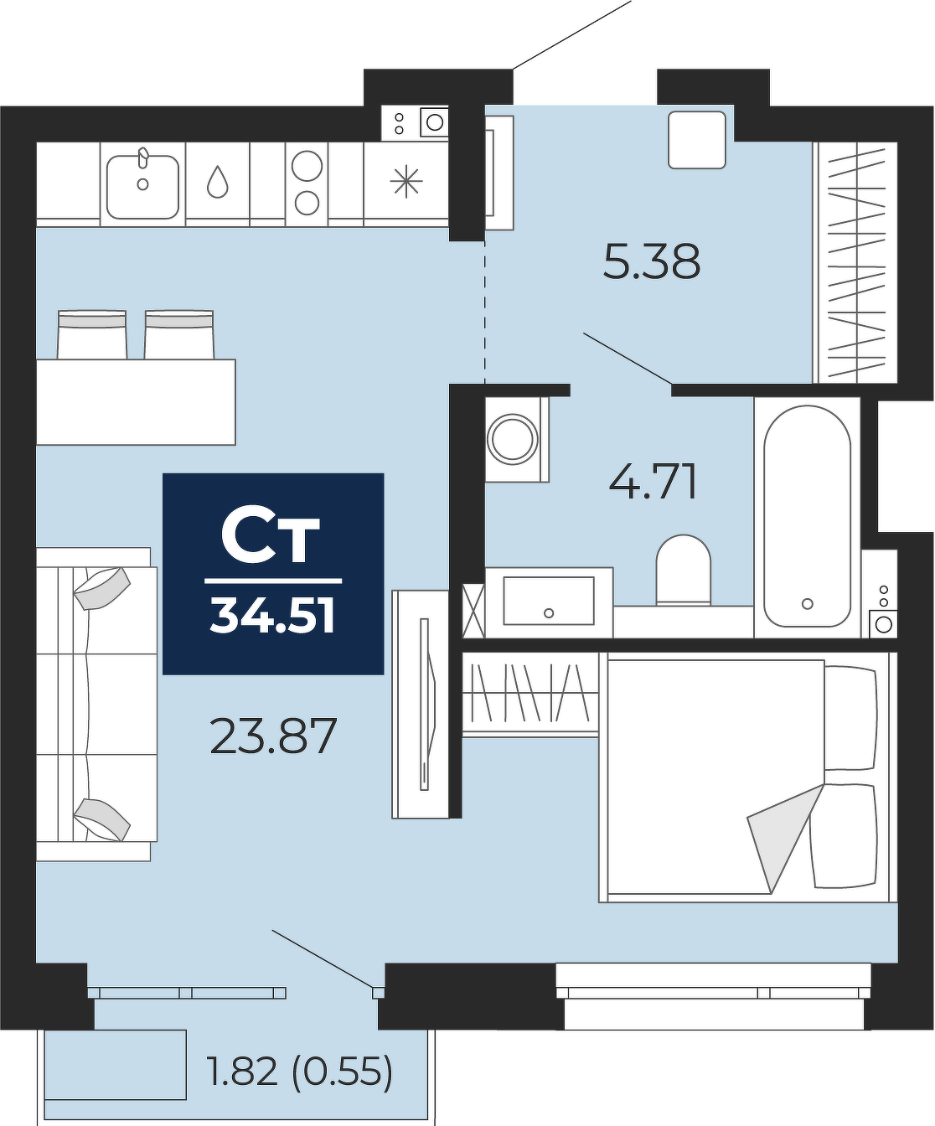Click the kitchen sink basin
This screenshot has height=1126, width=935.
[142, 187]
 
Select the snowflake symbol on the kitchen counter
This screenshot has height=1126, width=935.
[406, 181]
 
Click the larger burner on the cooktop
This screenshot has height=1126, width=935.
[307, 165]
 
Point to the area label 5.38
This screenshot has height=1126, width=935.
[651, 261]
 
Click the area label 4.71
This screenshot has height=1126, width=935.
[653, 482]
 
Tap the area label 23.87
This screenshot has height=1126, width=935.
[273, 736]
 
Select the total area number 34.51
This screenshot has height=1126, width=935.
[273, 617]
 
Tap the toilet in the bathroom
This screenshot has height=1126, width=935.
[683, 570]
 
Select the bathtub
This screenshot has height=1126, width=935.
[807, 517]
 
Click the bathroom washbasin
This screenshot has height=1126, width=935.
[549, 602]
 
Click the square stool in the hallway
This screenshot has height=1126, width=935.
[697, 140]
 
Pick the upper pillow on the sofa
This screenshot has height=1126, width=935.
[102, 588]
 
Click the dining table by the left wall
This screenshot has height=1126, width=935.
[136, 402]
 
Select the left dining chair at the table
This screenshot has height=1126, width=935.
[92, 334]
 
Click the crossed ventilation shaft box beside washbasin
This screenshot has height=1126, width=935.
[474, 613]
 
